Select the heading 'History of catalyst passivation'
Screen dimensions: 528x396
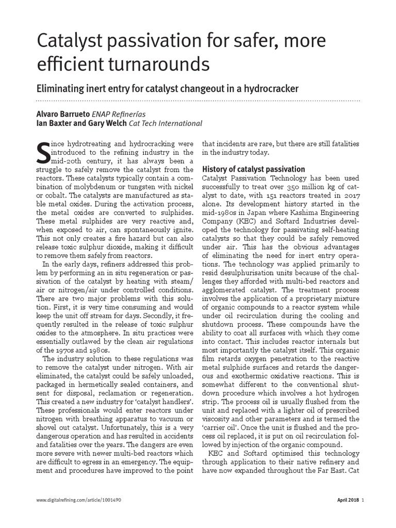pos(253,169)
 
